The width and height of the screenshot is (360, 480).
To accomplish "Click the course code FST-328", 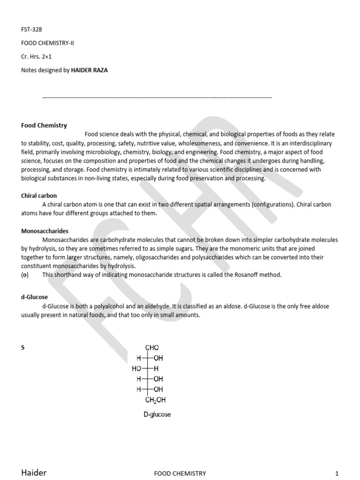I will point(31,29).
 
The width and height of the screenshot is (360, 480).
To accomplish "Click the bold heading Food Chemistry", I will point(44,125).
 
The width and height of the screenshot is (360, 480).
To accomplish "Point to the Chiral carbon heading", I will point(39,195).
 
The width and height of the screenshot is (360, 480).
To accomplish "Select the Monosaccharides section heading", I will point(45,231).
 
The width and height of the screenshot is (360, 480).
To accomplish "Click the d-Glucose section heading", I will point(34,297).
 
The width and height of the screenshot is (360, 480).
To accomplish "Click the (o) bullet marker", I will point(25,275).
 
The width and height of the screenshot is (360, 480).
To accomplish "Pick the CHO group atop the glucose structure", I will point(152,348).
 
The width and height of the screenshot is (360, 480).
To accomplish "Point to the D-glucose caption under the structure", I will point(157,415).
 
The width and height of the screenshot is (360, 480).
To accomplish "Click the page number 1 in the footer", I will point(337,473).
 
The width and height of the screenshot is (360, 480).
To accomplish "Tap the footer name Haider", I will point(34,472).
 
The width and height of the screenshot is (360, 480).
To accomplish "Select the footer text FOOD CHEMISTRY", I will point(180,473).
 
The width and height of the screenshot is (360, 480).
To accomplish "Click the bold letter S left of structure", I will point(23,348).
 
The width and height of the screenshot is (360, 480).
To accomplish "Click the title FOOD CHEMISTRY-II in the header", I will point(47,43).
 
